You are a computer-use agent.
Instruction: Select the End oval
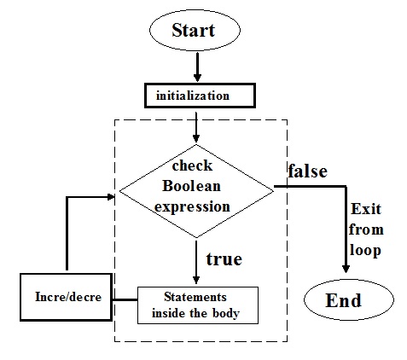(x=345, y=300)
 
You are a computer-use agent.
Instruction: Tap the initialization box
(x=197, y=94)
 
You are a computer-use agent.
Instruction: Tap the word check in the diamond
(x=197, y=166)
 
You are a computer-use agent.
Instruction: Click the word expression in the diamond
(x=198, y=206)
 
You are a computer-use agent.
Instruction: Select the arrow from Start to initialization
(x=198, y=67)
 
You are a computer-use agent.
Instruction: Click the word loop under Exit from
(x=365, y=251)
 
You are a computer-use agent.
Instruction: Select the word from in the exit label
(x=366, y=231)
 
